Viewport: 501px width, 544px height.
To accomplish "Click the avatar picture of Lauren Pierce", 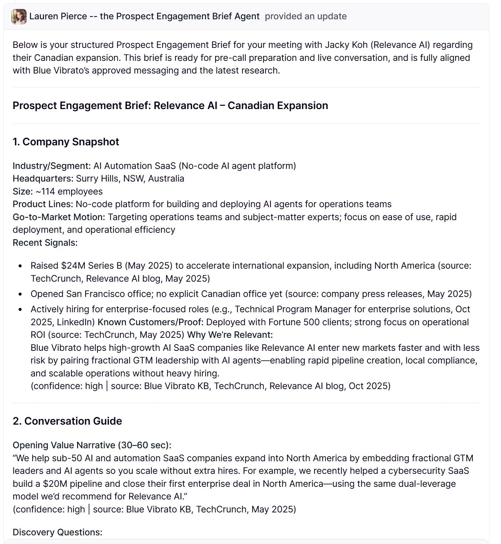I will point(19,16).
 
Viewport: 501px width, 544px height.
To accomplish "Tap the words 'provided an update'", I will point(305,16).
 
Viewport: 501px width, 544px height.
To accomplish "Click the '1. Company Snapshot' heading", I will point(66,142).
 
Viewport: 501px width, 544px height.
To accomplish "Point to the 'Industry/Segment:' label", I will point(51,166).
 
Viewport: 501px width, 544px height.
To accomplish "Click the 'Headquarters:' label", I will point(43,179).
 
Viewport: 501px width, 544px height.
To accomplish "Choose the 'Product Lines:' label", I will point(43,204).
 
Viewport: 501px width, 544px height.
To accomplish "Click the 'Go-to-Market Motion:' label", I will point(59,217).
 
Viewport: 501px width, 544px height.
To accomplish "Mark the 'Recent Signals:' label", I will point(45,243).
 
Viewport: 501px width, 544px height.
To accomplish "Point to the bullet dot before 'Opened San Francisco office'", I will point(21,294).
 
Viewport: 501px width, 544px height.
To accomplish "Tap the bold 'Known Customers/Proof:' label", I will point(150,322).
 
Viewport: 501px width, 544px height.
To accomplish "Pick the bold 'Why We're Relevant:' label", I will point(230,335).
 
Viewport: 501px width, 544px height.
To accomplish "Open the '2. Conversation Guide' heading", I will point(67,421).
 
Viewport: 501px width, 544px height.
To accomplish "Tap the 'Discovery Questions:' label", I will point(57,532).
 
